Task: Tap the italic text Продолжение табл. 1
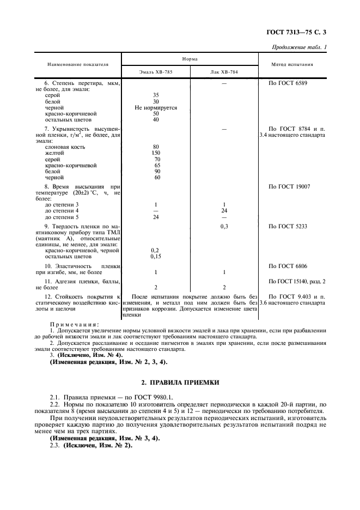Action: (299, 48)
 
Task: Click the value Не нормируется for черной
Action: (156, 108)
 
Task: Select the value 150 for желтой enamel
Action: (156, 154)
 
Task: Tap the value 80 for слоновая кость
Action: (156, 147)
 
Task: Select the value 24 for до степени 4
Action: (224, 210)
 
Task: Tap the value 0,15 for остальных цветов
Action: (156, 256)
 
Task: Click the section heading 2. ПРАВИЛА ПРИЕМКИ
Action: (180, 383)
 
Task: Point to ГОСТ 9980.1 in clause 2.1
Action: (153, 398)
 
